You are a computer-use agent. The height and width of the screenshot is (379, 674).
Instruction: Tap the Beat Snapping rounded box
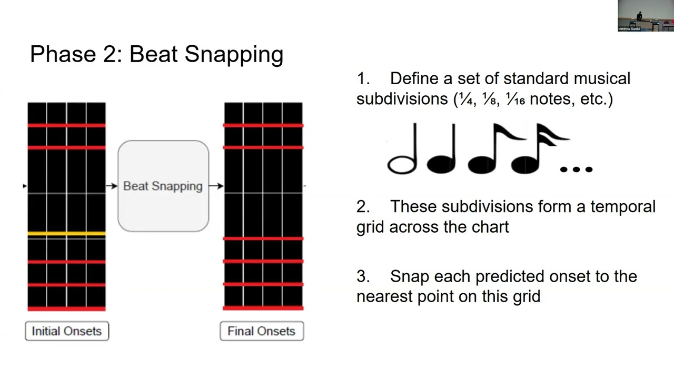point(163,186)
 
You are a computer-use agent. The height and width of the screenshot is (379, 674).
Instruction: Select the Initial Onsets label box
point(67,331)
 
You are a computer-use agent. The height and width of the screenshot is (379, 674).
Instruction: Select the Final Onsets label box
point(262,331)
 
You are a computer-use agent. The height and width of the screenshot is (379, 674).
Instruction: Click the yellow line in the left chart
point(66,233)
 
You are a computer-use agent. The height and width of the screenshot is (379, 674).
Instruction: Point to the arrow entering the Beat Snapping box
point(111,186)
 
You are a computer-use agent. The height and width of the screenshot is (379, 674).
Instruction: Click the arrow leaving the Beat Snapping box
point(216,186)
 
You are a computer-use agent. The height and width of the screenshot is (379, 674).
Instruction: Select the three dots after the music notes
point(576,169)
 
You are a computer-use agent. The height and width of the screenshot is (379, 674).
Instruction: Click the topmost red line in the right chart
point(263,125)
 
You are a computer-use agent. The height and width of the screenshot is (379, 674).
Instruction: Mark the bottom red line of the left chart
point(66,308)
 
